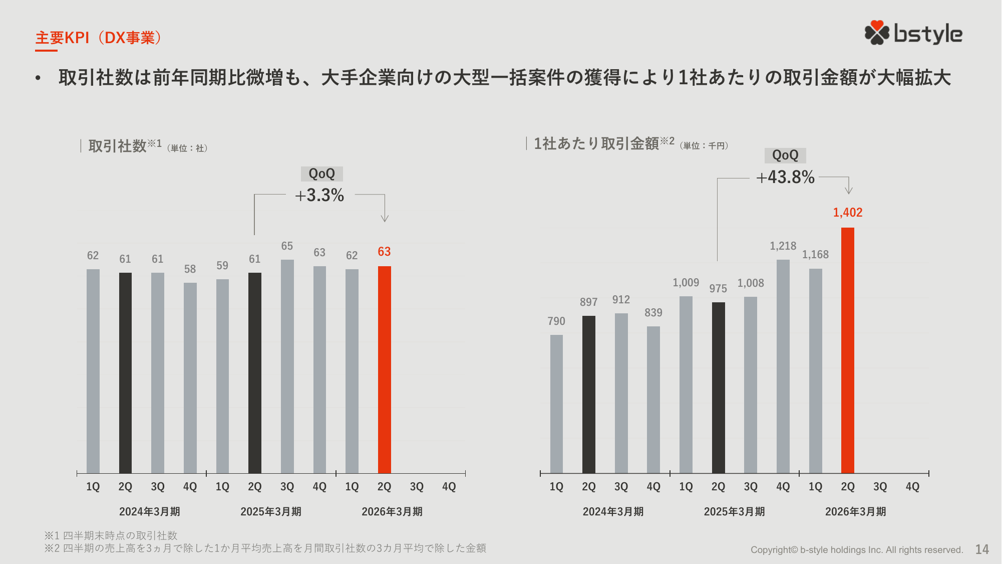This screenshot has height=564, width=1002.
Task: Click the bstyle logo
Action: [913, 34]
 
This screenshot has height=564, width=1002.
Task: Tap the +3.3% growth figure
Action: [319, 196]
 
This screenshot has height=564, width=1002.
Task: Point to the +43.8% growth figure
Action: [785, 177]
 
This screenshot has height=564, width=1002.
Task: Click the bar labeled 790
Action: [556, 404]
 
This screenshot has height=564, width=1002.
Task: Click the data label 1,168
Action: [815, 255]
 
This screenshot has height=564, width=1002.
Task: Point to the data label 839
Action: [653, 313]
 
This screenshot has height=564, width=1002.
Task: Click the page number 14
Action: [981, 549]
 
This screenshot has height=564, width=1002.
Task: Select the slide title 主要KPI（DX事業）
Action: [99, 38]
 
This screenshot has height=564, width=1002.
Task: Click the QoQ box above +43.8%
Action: [785, 155]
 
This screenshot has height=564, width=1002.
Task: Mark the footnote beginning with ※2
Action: [265, 548]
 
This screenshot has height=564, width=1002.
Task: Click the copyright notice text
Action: [856, 550]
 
